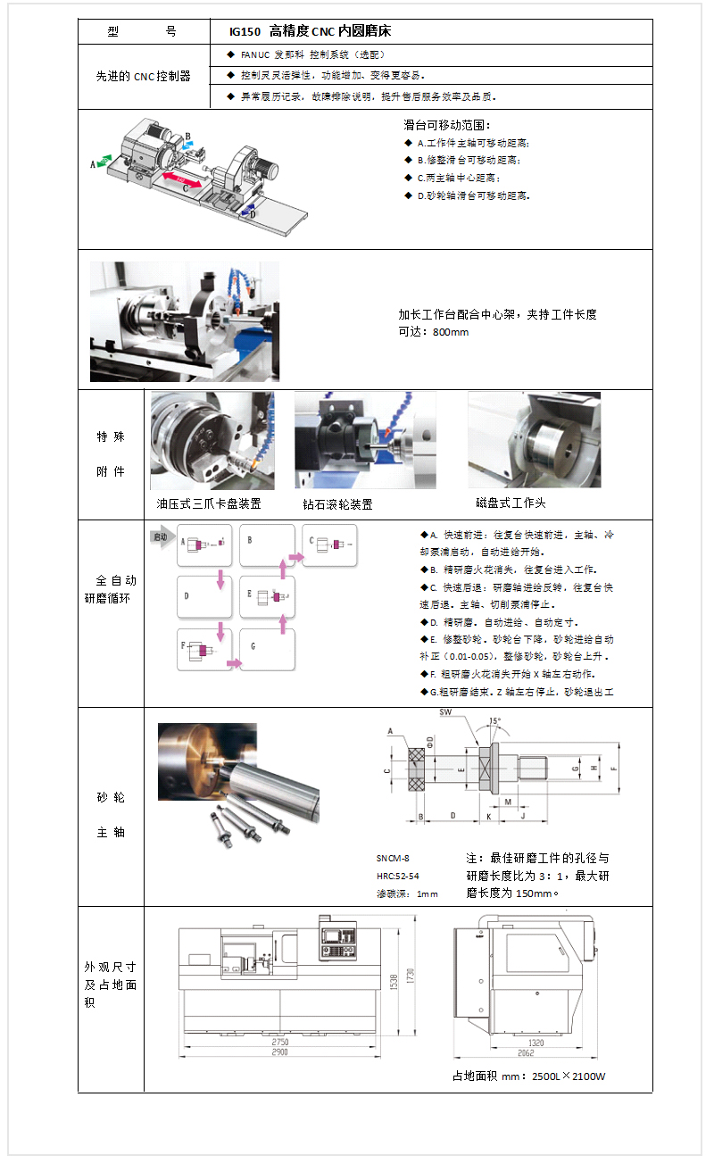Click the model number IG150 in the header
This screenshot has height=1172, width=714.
pos(244,31)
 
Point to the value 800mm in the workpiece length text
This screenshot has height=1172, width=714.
pos(450,332)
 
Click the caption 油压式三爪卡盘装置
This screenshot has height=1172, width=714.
pos(209,503)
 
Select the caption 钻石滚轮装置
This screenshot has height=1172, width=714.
pos(337,504)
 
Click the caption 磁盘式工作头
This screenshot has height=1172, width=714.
pos(511,503)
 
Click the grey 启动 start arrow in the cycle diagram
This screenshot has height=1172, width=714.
pos(162,537)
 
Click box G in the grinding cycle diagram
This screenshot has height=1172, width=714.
pos(267,650)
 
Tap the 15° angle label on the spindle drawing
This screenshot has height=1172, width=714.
pos(495,720)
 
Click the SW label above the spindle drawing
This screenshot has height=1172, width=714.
pos(445,713)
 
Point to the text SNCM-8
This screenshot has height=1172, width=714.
pos(393,858)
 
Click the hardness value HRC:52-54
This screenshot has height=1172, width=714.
pos(397,876)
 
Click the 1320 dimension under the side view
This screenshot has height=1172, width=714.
pos(535,1043)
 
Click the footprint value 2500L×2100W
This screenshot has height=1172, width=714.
pos(569,1076)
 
